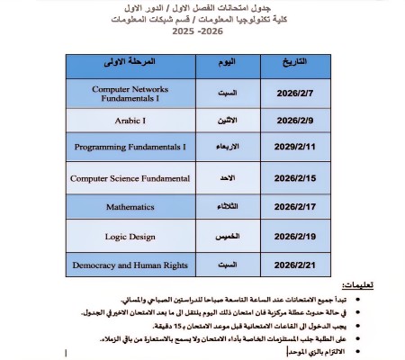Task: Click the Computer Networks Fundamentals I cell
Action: [130, 93]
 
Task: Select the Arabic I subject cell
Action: [130, 120]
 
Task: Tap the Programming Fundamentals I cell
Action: [130, 147]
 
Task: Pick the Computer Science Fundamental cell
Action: [130, 178]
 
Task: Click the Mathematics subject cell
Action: [130, 207]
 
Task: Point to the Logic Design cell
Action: [130, 237]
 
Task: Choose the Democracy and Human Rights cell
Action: [130, 265]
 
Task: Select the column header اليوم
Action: [228, 64]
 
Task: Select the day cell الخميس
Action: [227, 237]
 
